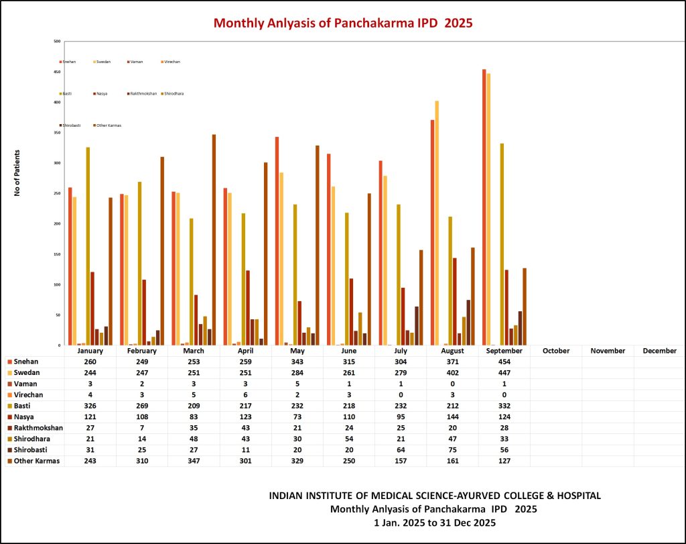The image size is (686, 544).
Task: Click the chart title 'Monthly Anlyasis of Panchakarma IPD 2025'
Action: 343,22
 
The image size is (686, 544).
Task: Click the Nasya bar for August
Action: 454,301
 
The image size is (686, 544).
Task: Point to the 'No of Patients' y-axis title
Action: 17,173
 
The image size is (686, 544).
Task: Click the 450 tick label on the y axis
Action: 58,72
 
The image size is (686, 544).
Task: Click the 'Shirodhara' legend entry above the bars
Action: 173,93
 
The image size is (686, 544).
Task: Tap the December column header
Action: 659,351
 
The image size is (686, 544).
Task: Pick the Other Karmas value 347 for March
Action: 194,461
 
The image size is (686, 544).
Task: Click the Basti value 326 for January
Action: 90,405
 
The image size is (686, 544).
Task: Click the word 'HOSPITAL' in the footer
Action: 577,496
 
